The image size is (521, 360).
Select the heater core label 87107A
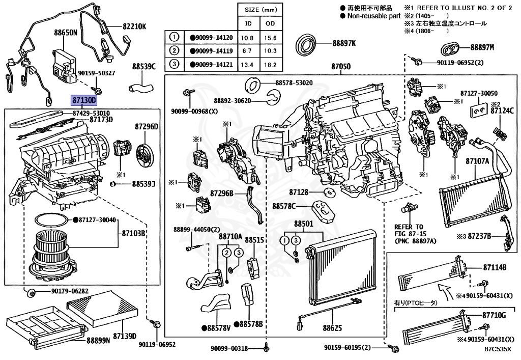coord(477,161)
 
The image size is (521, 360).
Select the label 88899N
coord(98,340)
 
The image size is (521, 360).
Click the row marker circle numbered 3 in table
coord(175,65)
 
